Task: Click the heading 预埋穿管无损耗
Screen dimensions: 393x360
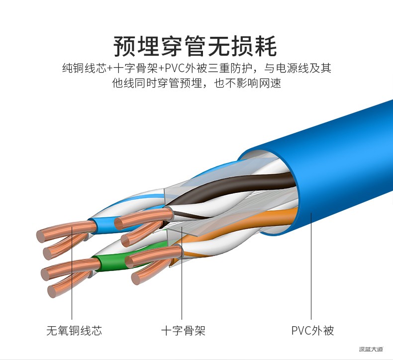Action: [x=195, y=46]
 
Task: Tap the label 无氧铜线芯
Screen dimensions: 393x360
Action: [x=74, y=331]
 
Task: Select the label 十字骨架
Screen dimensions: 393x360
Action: [x=183, y=331]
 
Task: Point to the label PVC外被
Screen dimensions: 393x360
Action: [x=312, y=331]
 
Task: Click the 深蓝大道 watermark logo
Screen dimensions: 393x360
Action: [x=371, y=349]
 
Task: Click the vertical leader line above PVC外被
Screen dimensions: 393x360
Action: [x=311, y=266]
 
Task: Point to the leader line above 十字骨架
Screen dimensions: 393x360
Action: [x=182, y=273]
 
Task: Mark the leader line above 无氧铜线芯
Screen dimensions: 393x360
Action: [x=72, y=273]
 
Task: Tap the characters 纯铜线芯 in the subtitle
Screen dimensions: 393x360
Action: [x=85, y=68]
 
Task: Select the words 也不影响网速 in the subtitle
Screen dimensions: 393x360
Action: [x=247, y=83]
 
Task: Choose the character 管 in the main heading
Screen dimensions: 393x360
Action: [x=195, y=46]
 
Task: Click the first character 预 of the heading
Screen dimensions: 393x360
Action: [x=124, y=46]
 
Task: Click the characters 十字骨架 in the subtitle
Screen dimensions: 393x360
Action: [x=136, y=68]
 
